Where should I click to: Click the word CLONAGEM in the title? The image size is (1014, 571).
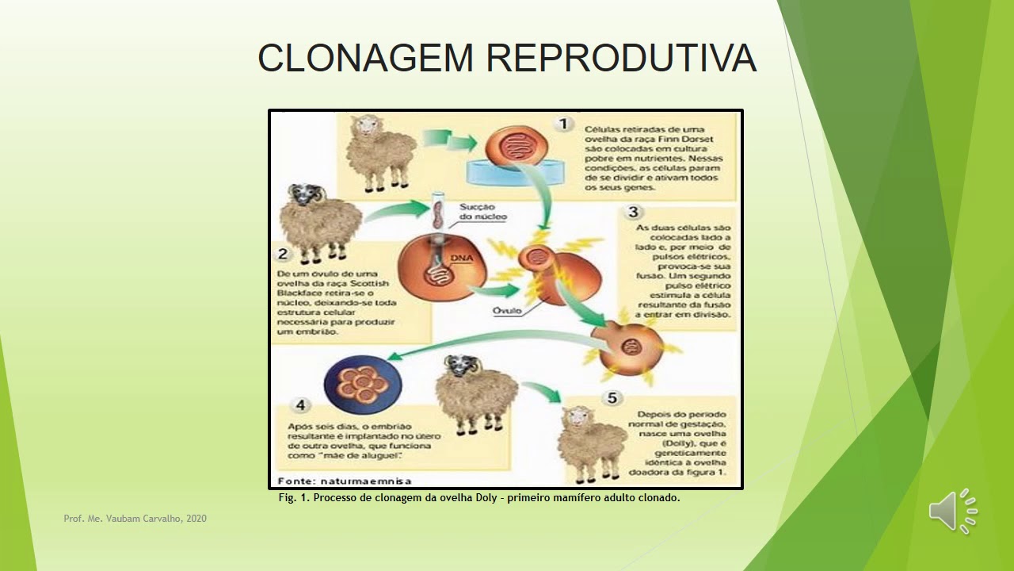tap(365, 59)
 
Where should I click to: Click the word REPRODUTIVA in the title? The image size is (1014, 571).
tap(621, 59)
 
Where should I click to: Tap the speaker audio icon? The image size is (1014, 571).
tap(953, 511)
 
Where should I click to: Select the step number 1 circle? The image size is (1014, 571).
tap(563, 125)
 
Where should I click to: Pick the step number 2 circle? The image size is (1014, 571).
tap(284, 255)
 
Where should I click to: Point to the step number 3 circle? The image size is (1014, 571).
tap(633, 213)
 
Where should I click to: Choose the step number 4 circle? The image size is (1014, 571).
tap(301, 405)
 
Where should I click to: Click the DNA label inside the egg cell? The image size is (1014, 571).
tap(462, 259)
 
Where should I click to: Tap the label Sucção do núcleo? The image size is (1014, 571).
tap(482, 212)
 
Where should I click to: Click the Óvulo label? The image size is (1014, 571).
tap(506, 311)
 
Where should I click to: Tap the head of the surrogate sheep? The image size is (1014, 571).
tap(458, 366)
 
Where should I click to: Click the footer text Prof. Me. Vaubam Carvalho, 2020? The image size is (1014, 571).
tap(135, 519)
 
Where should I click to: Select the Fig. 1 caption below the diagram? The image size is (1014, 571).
tap(479, 498)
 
